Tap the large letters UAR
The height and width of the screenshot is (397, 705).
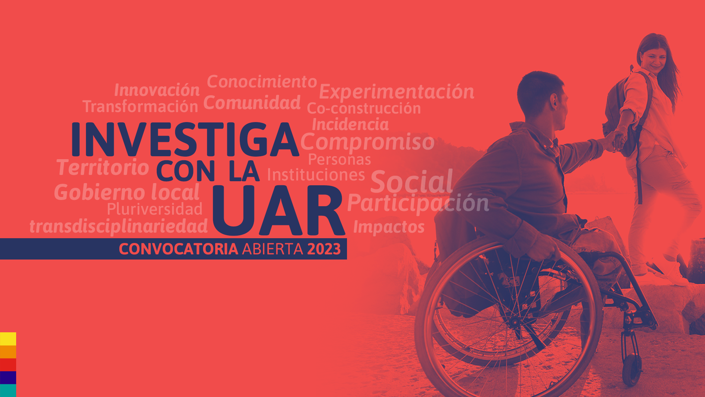click(279, 211)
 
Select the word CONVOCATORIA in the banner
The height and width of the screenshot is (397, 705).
click(178, 249)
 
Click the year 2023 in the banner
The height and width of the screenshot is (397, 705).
click(324, 249)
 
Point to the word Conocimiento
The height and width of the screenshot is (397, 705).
click(262, 82)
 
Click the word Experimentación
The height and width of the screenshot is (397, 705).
click(397, 92)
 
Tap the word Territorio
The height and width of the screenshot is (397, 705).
click(103, 167)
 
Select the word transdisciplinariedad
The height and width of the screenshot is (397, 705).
click(119, 226)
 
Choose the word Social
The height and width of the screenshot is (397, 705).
click(412, 181)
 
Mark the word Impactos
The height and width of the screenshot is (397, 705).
click(389, 227)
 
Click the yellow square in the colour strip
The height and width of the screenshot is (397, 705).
click(8, 339)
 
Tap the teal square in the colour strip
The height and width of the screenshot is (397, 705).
click(8, 390)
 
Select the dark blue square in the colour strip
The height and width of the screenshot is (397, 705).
click(8, 378)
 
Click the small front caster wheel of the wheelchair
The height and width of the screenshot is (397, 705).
click(632, 370)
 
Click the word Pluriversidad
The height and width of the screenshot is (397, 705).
click(155, 209)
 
